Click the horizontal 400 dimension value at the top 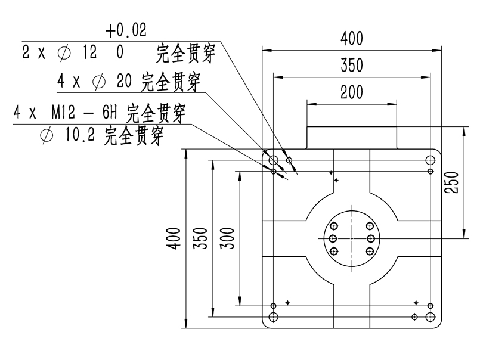point(352,39)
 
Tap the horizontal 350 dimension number point(352,65)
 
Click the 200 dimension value point(352,92)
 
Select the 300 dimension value point(228,238)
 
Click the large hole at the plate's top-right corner point(430,160)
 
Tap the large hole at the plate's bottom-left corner point(274,316)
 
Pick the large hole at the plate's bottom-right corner point(430,316)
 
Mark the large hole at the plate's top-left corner point(274,160)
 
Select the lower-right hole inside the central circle point(371,251)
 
